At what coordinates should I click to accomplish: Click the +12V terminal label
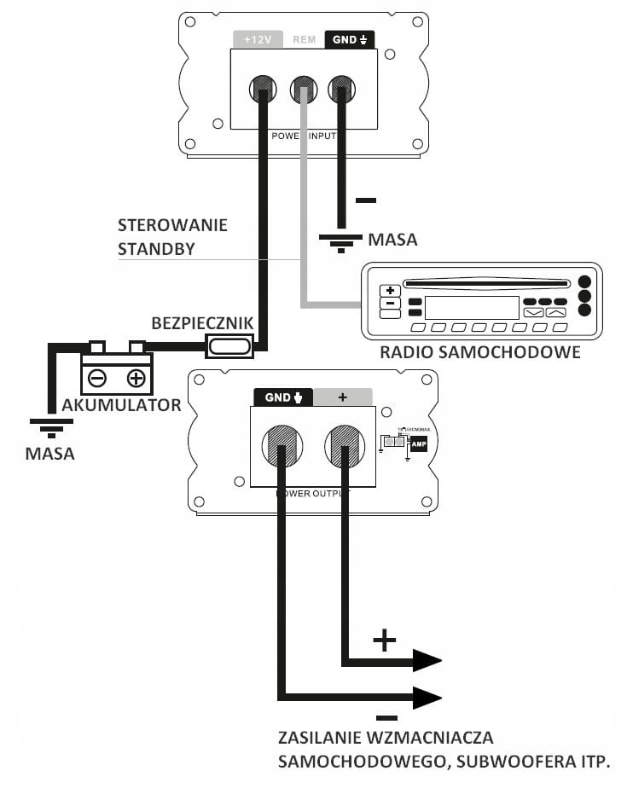click(257, 39)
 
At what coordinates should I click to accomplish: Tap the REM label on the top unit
click(304, 39)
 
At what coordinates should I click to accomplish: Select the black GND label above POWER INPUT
click(350, 39)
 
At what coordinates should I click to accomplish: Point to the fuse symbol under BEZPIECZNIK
click(229, 345)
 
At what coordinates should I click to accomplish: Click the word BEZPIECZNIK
click(202, 323)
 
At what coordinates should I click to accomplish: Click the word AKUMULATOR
click(121, 405)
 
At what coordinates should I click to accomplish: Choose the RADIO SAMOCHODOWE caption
click(480, 351)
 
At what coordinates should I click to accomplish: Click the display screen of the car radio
click(471, 307)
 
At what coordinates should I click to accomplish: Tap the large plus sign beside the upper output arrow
click(385, 640)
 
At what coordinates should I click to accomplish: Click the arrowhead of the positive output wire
click(427, 661)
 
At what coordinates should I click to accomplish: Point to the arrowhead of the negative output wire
click(427, 698)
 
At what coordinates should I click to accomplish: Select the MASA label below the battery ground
click(49, 454)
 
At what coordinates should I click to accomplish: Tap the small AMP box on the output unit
click(418, 444)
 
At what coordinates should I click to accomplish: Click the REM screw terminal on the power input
click(303, 88)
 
